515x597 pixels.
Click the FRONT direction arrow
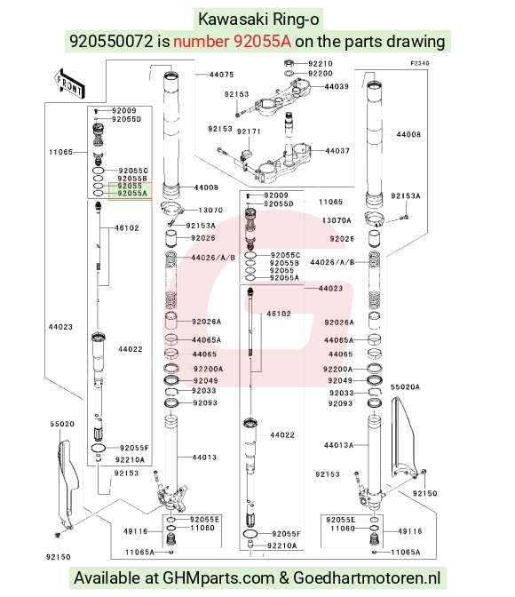pos(69,84)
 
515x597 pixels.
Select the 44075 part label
pos(221,75)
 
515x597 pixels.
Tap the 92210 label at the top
pos(321,64)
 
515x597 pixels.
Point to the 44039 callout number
pos(337,86)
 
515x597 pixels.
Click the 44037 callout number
pos(337,151)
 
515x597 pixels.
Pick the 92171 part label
pos(249,131)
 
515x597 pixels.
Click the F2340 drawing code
pos(419,63)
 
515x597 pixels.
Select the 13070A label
pos(337,220)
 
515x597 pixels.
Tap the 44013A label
pos(339,445)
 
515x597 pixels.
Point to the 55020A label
pos(405,386)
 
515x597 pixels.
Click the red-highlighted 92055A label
pos(132,193)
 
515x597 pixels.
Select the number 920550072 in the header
pos(111,41)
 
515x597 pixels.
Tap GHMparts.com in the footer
pos(218,578)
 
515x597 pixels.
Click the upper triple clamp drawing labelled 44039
pos(282,98)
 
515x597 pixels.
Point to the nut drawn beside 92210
pos(289,63)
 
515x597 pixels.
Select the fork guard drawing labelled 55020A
pos(403,437)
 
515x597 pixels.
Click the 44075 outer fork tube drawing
pos(171,134)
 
